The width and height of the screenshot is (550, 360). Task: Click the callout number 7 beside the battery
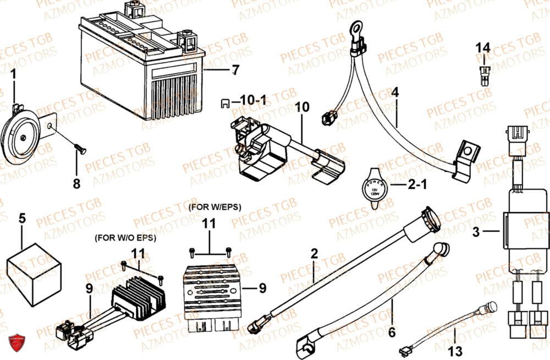[235, 70]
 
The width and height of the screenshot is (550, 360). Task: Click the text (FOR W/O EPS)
[125, 238]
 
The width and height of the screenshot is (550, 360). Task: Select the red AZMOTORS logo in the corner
[16, 344]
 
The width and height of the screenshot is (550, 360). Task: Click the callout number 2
[314, 254]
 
